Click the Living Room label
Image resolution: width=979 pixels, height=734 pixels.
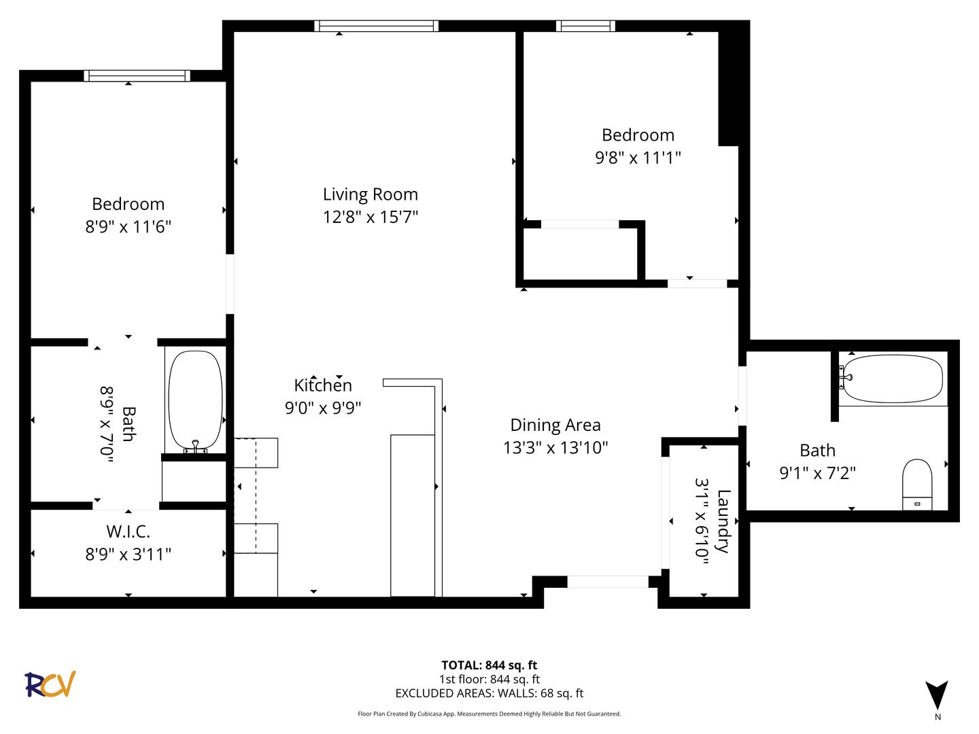(371, 195)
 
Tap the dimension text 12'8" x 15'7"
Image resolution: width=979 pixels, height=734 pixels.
(371, 217)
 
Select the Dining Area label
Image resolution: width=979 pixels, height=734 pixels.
(555, 425)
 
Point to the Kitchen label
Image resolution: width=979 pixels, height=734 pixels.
(323, 385)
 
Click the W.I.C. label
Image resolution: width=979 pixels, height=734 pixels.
(128, 531)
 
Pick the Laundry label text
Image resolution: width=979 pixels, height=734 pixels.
(724, 521)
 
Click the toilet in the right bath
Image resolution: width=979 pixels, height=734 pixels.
(917, 485)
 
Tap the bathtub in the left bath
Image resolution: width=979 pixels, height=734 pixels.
(195, 401)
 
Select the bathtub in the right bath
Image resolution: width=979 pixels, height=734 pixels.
(892, 379)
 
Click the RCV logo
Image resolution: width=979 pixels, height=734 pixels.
(50, 684)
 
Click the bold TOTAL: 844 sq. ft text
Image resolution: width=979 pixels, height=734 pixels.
(489, 665)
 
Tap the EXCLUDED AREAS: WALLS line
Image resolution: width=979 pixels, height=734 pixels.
(489, 693)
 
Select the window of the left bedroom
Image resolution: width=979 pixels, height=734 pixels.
(137, 75)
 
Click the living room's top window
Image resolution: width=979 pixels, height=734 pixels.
(376, 26)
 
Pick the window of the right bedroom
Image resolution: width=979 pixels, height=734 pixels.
(585, 26)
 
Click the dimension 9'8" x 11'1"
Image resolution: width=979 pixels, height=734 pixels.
(638, 158)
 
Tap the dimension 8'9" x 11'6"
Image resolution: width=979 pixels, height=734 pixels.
(128, 227)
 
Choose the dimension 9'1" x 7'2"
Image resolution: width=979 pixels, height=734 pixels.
(817, 473)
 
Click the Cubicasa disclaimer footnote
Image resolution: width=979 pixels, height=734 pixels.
(489, 714)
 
